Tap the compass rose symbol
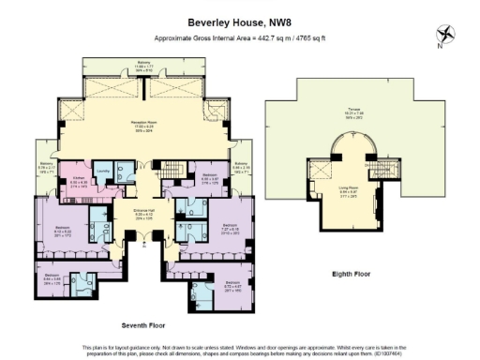(446, 35)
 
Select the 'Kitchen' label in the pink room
(78, 176)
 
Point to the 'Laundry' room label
(105, 170)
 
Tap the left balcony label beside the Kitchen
(47, 169)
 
